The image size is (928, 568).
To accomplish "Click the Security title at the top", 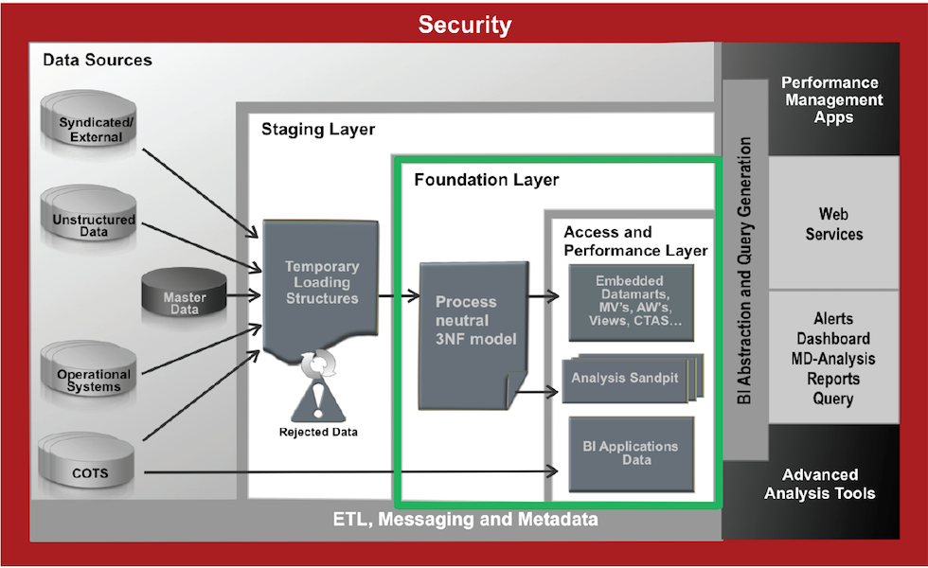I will [x=464, y=26].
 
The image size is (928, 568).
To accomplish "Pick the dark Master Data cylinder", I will [x=184, y=298].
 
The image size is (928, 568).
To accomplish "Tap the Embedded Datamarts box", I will [x=630, y=301].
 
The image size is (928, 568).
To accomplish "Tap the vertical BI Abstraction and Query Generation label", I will [x=744, y=271].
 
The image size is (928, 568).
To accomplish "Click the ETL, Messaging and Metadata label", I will [x=465, y=520].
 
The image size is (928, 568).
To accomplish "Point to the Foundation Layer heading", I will [x=487, y=179].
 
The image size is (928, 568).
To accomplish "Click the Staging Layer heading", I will [x=318, y=129].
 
